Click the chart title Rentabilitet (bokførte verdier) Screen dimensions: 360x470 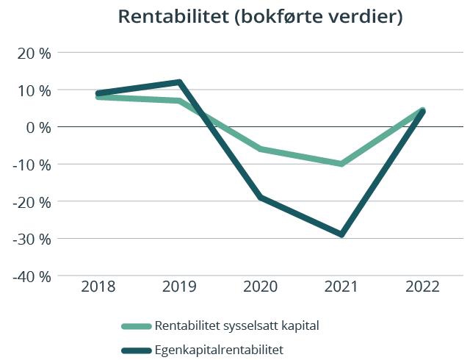click(x=260, y=17)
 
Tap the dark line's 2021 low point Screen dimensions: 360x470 click(x=341, y=234)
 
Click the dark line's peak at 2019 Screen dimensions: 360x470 click(x=179, y=82)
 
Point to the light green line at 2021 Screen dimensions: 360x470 click(x=341, y=164)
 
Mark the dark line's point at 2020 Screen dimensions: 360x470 click(x=260, y=198)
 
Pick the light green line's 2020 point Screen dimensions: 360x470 click(x=260, y=149)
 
